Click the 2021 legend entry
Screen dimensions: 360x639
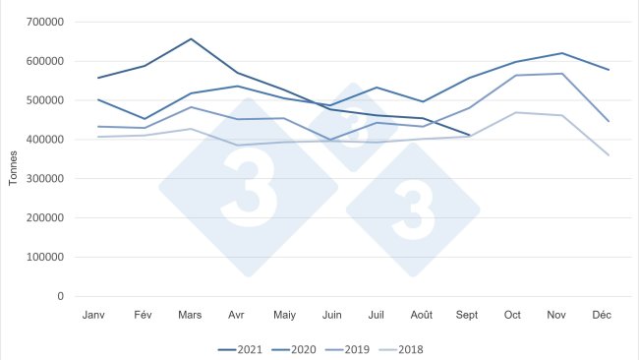point(243,349)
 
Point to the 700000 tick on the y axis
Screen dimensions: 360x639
point(45,22)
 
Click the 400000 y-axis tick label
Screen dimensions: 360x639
point(45,140)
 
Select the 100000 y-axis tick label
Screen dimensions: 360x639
point(45,258)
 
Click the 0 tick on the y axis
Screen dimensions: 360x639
point(60,297)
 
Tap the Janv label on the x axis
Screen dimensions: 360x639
point(95,314)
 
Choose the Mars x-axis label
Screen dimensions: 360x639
point(190,314)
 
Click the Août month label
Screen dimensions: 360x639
point(422,314)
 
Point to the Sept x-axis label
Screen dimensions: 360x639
point(468,314)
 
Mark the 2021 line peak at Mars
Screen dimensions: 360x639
point(191,39)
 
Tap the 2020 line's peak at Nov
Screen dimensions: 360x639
point(561,53)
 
